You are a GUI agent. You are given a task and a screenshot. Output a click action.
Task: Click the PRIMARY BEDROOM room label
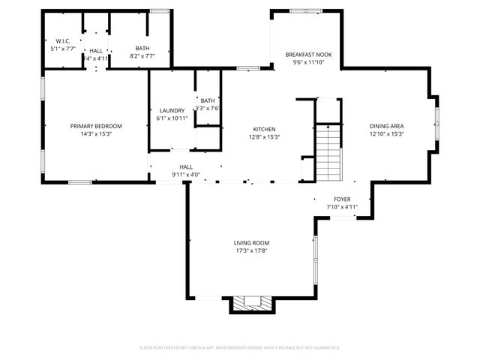96,126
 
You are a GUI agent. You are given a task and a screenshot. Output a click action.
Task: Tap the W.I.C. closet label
53,41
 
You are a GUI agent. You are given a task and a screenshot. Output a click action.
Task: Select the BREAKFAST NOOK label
307,55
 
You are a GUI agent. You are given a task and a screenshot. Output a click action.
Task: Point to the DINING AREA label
386,126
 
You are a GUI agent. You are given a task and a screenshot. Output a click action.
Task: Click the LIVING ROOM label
251,243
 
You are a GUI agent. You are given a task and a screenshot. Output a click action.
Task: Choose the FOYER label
342,199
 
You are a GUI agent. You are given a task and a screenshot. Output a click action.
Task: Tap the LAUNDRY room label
172,110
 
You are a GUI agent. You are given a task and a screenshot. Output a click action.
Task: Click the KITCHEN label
264,129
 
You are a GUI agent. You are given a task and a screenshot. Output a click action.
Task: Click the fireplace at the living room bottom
250,303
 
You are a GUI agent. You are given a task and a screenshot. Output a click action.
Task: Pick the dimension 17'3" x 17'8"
251,251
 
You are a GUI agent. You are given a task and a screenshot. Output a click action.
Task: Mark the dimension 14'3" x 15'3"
96,134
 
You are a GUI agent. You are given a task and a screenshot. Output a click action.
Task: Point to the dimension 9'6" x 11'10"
307,64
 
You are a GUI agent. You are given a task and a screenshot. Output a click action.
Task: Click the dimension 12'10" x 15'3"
386,134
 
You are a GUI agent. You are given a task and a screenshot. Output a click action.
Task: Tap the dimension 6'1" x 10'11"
172,118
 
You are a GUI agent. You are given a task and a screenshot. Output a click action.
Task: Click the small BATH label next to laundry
208,100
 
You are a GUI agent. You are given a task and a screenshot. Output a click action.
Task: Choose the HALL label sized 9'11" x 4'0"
186,167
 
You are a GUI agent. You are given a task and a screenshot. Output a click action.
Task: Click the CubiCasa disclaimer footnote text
240,347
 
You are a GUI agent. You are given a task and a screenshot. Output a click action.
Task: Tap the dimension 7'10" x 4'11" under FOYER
342,207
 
